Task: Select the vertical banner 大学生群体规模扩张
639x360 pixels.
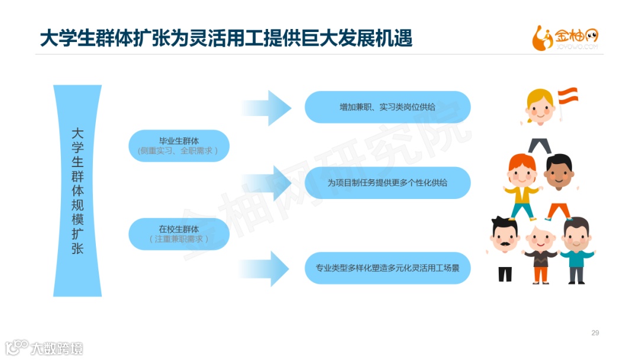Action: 78,190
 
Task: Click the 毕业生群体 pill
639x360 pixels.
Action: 179,146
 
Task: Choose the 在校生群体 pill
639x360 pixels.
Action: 179,234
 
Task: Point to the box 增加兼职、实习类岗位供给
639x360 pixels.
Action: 388,107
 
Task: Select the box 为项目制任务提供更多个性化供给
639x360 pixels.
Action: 388,183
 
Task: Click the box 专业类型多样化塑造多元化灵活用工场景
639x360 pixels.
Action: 388,268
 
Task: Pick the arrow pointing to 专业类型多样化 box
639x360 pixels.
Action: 270,268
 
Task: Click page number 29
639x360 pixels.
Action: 595,333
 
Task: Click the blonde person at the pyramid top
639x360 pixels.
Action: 540,108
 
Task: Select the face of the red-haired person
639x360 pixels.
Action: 521,172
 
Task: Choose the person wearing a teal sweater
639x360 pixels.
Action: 577,252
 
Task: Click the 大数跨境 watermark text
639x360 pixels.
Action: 57,348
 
